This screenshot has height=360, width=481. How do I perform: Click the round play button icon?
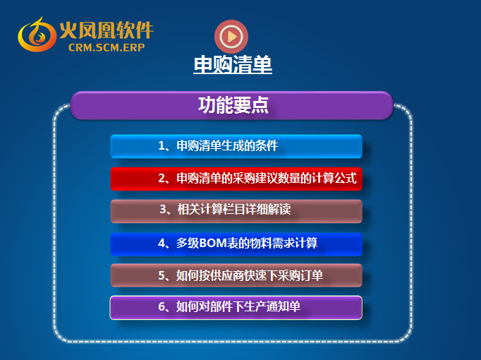tap(231, 37)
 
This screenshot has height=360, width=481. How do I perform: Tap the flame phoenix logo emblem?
tap(37, 35)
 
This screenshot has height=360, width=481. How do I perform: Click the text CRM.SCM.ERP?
tap(106, 47)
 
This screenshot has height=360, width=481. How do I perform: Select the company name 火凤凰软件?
tap(106, 30)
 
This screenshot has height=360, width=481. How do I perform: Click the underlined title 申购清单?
tap(233, 64)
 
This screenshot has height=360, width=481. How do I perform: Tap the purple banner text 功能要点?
tap(233, 105)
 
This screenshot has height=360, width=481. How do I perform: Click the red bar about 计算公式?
tap(236, 179)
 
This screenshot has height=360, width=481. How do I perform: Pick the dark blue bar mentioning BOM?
tap(236, 244)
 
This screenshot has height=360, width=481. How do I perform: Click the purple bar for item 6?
tap(236, 308)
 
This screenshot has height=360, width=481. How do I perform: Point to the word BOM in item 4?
tap(213, 243)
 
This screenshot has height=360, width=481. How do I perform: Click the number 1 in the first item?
tap(162, 145)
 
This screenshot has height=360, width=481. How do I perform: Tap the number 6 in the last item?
tap(162, 306)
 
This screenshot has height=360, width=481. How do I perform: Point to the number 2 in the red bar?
tap(162, 179)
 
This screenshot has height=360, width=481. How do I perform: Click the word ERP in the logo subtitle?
tap(134, 47)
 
